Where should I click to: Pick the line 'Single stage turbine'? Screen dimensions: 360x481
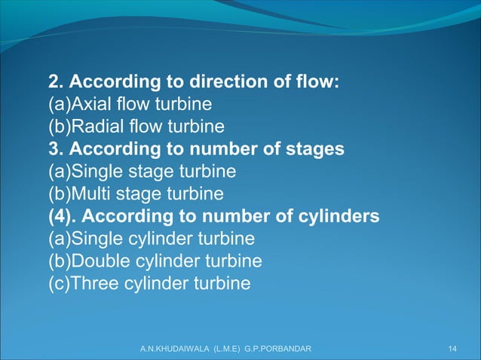click(x=142, y=172)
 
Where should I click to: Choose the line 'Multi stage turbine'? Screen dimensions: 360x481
click(x=136, y=194)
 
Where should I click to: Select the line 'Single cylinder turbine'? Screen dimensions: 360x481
click(x=152, y=239)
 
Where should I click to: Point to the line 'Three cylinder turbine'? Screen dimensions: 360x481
click(x=149, y=285)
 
